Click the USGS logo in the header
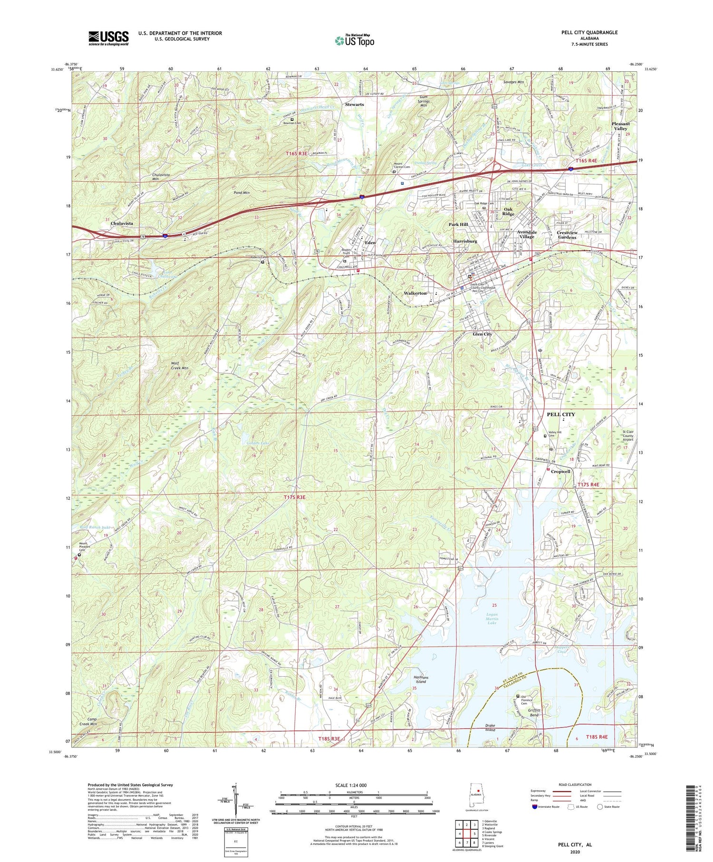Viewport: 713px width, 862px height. [108, 38]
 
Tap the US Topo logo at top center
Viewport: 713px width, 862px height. [354, 41]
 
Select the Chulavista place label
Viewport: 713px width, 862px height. [122, 223]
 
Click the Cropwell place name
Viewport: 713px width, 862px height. [560, 471]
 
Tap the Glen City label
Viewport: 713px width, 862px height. [482, 334]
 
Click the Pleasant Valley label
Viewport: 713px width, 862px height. [620, 126]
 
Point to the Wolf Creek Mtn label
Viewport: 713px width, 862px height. [179, 365]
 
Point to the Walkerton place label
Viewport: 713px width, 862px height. [415, 293]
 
